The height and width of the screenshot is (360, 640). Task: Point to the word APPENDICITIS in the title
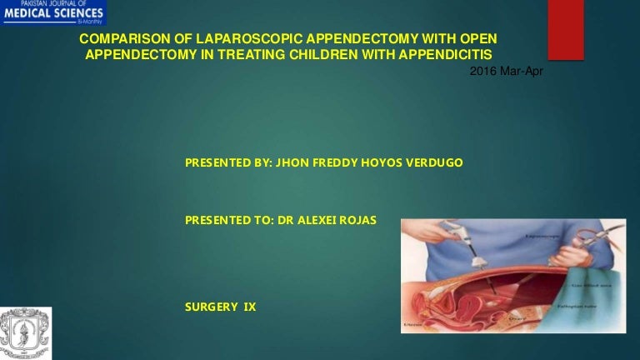(450, 55)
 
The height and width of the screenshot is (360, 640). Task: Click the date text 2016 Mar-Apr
(506, 72)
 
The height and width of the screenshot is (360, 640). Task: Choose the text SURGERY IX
(220, 307)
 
